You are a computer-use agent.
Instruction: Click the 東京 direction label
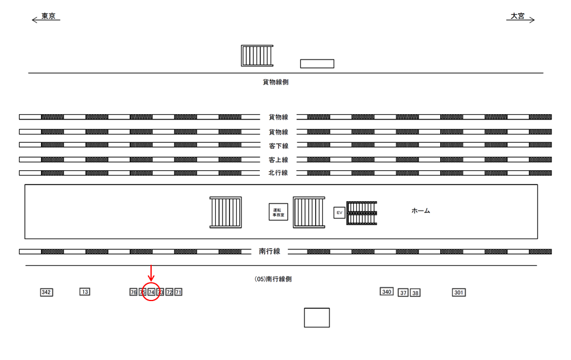click(x=48, y=17)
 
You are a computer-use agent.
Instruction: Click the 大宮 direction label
click(x=517, y=17)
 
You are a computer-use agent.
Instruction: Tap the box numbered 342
click(x=46, y=292)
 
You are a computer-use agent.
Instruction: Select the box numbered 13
click(x=85, y=292)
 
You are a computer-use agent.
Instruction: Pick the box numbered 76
click(x=133, y=292)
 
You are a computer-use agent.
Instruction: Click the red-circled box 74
click(x=151, y=292)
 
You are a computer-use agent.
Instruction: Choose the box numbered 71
click(x=178, y=292)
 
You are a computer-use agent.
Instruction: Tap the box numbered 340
click(x=387, y=292)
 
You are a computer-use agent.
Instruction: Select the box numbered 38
click(x=415, y=293)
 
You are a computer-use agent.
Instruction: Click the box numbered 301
click(x=459, y=293)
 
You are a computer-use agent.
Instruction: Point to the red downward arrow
click(x=151, y=274)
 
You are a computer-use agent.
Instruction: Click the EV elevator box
click(x=339, y=212)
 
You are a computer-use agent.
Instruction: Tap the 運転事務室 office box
click(x=278, y=212)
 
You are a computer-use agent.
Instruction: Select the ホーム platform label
click(x=421, y=211)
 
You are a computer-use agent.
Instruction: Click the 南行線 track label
click(x=269, y=252)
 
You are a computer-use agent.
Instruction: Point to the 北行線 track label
click(x=278, y=173)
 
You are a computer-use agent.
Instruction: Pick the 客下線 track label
click(x=278, y=146)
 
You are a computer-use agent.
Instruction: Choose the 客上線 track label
click(x=278, y=160)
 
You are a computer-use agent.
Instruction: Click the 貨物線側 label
click(x=275, y=83)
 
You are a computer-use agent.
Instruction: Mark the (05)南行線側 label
click(x=273, y=278)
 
